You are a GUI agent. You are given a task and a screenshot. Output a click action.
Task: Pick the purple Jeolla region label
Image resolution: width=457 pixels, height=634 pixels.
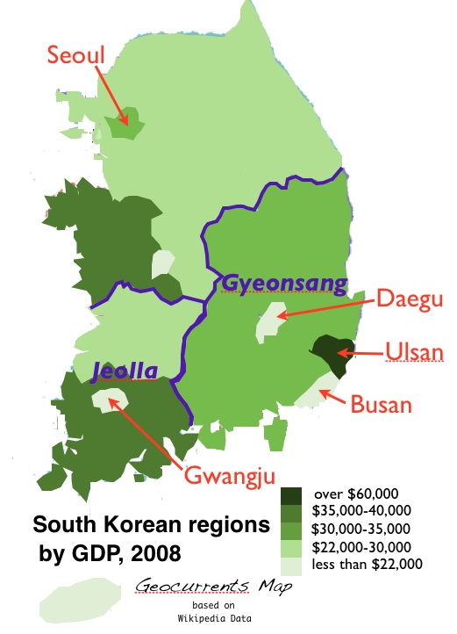125,372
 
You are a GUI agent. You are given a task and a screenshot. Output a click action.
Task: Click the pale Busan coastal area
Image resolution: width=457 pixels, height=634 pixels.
316,390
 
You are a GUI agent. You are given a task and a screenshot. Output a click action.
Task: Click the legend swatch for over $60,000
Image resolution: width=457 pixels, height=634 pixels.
292,495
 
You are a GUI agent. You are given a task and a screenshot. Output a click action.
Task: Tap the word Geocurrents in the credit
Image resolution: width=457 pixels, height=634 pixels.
184,587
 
